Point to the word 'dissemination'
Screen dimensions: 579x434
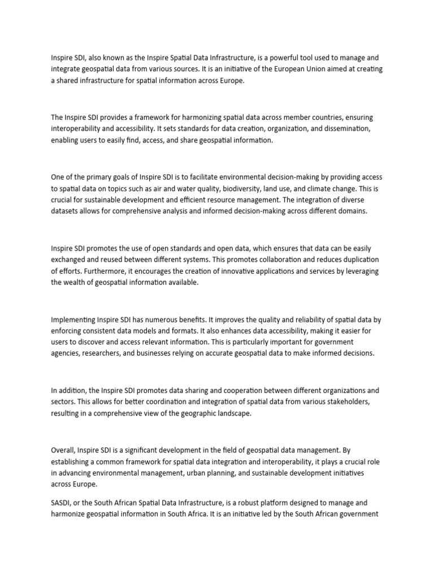coord(342,129)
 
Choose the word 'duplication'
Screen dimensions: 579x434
coord(358,260)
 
